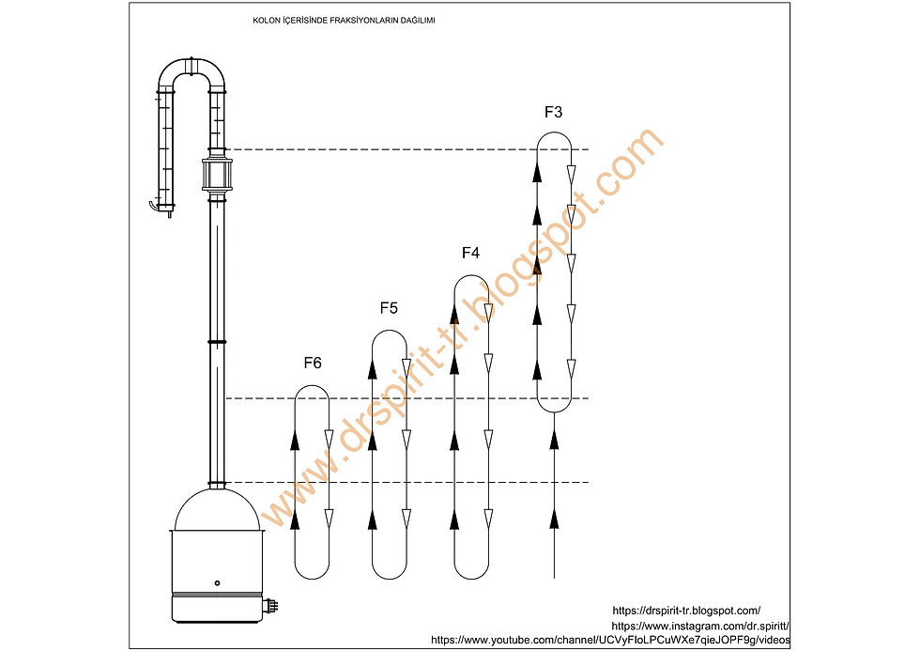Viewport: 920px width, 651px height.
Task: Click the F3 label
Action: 553,112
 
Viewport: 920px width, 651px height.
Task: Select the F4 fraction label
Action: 470,253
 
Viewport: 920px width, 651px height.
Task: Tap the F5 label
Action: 389,308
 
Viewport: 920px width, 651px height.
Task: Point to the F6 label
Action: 313,364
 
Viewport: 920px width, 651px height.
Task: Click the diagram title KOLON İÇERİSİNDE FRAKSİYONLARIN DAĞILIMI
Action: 344,21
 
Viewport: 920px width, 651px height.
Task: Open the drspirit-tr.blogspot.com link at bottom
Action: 686,612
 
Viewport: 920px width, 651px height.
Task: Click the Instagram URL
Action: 700,627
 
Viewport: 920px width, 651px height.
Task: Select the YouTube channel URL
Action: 610,640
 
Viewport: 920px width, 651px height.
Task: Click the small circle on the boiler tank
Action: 217,583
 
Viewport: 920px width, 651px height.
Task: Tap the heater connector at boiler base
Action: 271,605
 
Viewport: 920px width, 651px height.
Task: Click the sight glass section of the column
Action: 217,175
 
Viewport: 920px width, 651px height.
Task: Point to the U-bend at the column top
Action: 192,66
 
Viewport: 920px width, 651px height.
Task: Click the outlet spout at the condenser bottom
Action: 154,206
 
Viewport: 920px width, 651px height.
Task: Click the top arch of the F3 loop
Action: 555,133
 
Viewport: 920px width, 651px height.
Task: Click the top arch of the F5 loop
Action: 390,331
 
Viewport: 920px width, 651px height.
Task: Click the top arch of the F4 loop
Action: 471,275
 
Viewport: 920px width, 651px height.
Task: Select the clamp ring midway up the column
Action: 217,342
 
